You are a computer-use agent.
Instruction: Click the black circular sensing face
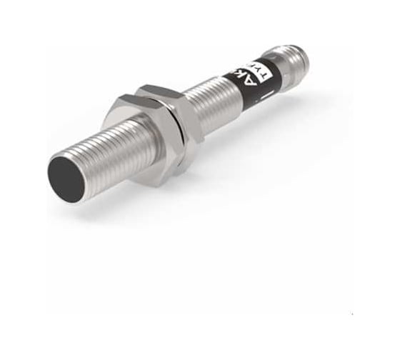click(x=66, y=175)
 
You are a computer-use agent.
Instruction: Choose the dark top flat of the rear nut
click(x=161, y=90)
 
